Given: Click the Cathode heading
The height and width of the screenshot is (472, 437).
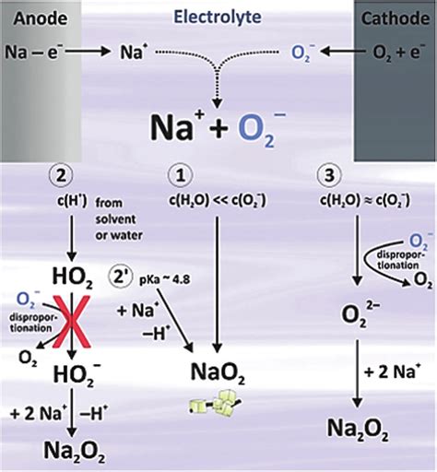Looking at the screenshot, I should tap(393, 16).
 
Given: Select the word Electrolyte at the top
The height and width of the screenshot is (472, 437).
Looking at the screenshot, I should tap(218, 16).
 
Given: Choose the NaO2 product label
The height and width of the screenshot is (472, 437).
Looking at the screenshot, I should tap(218, 372).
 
